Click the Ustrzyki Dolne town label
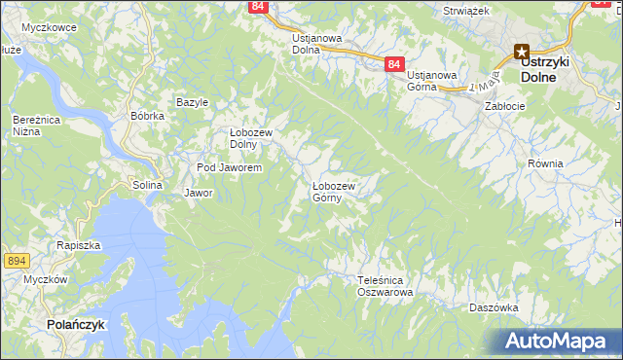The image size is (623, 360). coord(544,68)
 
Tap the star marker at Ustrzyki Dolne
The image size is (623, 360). coord(522,54)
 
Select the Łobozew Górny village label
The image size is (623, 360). coord(333,191)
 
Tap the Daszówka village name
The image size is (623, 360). coord(493,307)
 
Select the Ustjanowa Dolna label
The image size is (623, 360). coord(317,44)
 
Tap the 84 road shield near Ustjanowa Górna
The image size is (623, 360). coord(392,63)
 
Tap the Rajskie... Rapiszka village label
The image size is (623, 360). coord(79,246)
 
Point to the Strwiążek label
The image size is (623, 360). coord(466,9)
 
